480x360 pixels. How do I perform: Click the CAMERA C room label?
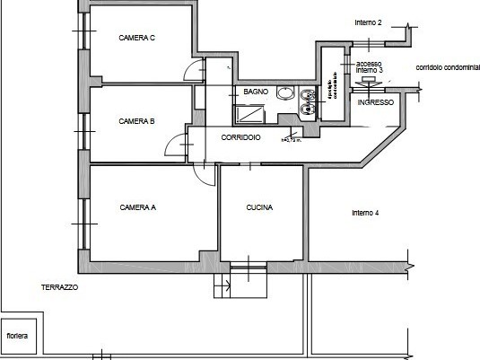coord(137,38)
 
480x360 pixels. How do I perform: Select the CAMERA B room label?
coord(137,121)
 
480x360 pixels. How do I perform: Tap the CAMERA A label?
coord(137,207)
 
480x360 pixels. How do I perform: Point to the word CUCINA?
coord(259,207)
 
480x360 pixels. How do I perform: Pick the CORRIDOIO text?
coord(240,137)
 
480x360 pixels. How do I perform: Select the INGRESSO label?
coord(375,103)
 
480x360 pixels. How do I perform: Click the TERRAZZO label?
coord(59,287)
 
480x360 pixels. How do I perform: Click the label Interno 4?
coord(365,213)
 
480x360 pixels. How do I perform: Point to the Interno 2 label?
coord(368,22)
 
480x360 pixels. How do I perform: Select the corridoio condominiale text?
coord(447,68)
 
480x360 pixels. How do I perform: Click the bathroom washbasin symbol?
coord(285,92)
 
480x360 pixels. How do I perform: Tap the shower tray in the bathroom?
coord(251,114)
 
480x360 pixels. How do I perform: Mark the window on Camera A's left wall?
coord(86,212)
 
